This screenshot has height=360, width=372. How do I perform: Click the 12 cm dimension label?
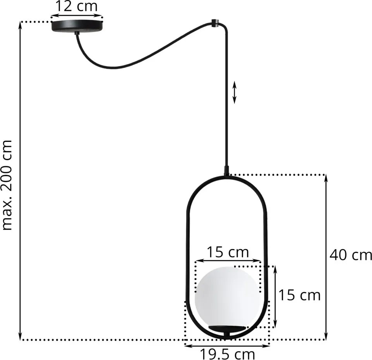point(76,6)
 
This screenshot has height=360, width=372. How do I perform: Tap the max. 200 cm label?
point(7,185)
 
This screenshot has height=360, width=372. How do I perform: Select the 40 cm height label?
point(351,255)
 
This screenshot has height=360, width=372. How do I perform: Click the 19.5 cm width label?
point(227,354)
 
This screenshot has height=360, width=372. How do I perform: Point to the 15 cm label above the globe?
point(228,252)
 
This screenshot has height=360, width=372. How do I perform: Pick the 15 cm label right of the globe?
point(299,295)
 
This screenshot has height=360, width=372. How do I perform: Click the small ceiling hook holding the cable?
point(214,23)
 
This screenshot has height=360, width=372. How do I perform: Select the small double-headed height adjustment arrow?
point(235,92)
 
